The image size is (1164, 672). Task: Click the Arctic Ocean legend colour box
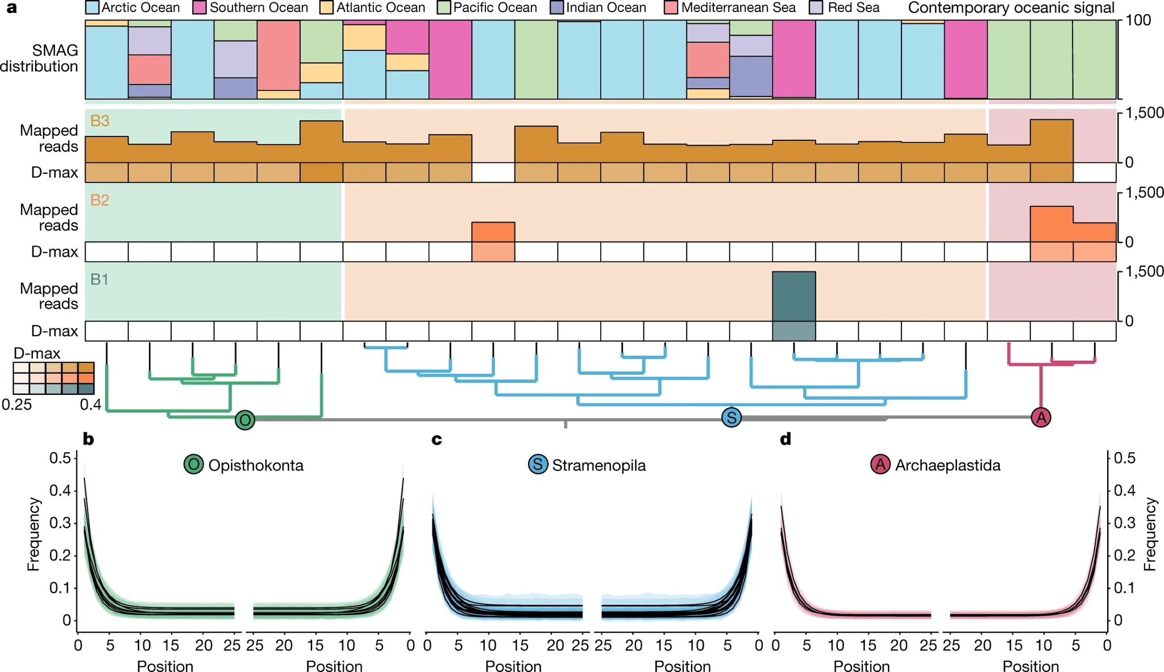pos(93,8)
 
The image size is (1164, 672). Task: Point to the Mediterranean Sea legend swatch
pos(672,8)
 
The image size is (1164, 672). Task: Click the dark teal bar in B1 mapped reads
pos(793,296)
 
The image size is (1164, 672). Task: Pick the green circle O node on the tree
pos(245,420)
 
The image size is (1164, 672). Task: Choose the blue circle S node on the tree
pos(731,418)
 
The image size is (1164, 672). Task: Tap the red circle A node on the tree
pos(1041,418)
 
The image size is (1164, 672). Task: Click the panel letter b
pos(88,439)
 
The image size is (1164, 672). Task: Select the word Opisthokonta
pos(256,465)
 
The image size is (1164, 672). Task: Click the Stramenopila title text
pos(599,465)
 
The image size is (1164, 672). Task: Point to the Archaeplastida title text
pos(947,465)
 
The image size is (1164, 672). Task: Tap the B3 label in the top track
pos(100,120)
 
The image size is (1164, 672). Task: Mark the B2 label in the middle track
pos(100,200)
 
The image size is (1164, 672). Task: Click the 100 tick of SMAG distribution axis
pos(1138,20)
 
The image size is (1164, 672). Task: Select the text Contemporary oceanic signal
pos(1011,8)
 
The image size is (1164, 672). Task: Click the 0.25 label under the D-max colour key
pos(16,404)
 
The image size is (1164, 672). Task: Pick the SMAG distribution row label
pos(39,59)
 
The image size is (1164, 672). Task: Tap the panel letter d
pos(785,439)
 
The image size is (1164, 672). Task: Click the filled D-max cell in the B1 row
pos(793,331)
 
